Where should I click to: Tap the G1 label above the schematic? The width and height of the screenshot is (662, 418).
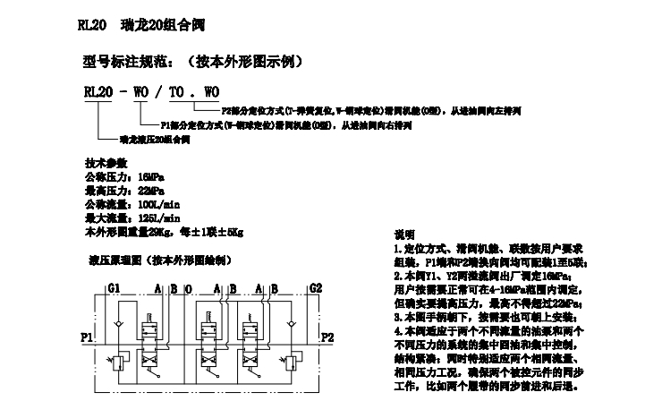click(114, 288)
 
